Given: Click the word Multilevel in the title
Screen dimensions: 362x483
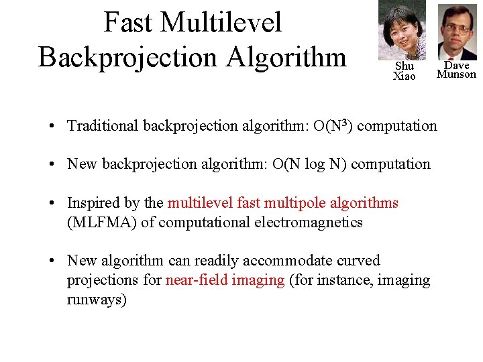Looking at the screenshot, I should (221, 23).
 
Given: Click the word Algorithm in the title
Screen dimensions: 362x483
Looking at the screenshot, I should (286, 56).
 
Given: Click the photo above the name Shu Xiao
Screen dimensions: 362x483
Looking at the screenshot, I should (401, 29).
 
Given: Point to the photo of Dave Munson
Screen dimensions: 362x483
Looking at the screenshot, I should (457, 32).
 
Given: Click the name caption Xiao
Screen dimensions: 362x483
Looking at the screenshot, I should (404, 76).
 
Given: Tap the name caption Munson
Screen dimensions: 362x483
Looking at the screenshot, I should (456, 74).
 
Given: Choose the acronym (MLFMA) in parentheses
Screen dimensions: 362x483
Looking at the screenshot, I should (102, 223).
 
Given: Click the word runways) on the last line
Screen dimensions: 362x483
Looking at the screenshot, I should (97, 300).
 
